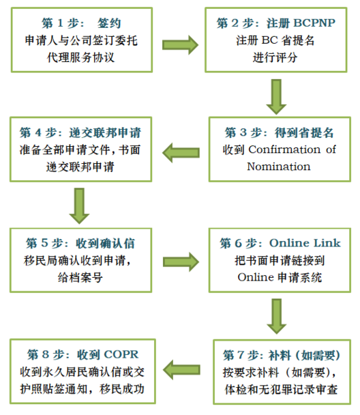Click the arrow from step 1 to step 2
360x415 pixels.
(180, 45)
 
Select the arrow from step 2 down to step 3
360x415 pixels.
(276, 97)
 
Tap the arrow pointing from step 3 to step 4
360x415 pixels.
(181, 153)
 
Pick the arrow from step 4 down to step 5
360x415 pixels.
(79, 206)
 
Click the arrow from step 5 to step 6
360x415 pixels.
(181, 261)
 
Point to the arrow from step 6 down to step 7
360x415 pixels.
(277, 316)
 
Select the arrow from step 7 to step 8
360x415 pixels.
(181, 370)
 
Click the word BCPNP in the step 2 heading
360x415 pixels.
(314, 23)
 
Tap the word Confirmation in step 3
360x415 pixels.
(285, 149)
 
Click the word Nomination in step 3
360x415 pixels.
(279, 167)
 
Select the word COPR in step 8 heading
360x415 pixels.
(121, 355)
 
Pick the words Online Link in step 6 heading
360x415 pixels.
(305, 243)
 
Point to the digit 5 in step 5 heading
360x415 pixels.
(44, 243)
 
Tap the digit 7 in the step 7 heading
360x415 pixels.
(241, 355)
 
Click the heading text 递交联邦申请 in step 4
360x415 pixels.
(105, 132)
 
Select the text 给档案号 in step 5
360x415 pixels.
(80, 277)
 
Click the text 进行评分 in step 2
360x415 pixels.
(275, 57)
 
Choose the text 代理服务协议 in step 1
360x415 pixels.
(81, 57)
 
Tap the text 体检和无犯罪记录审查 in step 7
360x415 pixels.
(281, 389)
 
